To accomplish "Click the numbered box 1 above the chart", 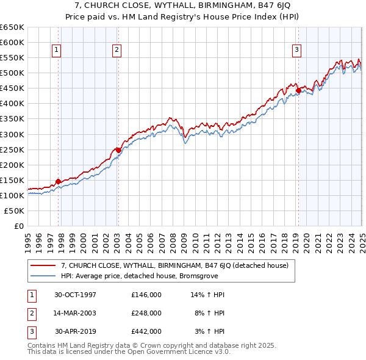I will coord(56,50).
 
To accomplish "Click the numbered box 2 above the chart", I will coord(116,50).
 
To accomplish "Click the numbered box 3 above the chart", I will coord(296,50).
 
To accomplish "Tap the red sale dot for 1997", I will coord(59,181).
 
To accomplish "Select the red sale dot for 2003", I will coord(118,149).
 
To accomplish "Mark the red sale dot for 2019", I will coord(298,90).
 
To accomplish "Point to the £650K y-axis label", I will coord(12,27).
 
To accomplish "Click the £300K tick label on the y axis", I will coord(12,134).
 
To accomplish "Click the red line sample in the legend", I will coord(43,265).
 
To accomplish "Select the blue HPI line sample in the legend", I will coord(43,275).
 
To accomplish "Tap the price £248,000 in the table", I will coord(146,313).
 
